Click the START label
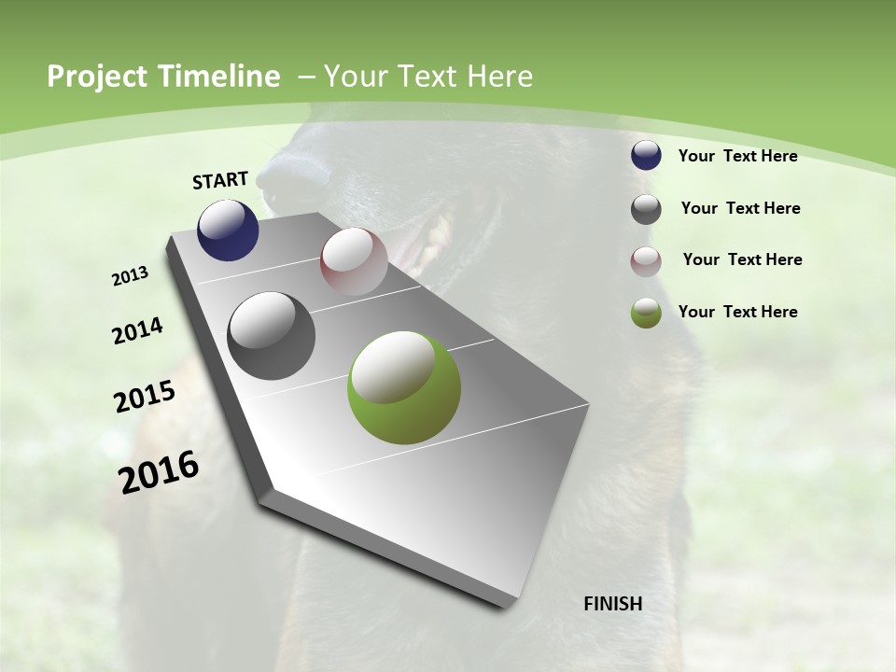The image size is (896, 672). (220, 180)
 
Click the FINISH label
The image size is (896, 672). (613, 604)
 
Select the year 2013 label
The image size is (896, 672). (130, 276)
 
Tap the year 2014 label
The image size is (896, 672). (137, 331)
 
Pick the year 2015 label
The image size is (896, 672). (145, 397)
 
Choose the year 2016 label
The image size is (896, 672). (159, 472)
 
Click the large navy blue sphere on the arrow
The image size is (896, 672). (228, 231)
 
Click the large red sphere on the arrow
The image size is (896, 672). (354, 260)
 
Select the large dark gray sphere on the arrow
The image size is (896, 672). (272, 336)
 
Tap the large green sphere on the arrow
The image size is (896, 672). (403, 387)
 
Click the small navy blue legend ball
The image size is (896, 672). (646, 156)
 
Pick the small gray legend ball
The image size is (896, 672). (646, 209)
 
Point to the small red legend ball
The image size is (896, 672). (646, 261)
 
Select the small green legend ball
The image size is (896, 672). (646, 313)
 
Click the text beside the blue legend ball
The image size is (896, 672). (737, 156)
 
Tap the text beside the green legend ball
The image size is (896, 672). (737, 312)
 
